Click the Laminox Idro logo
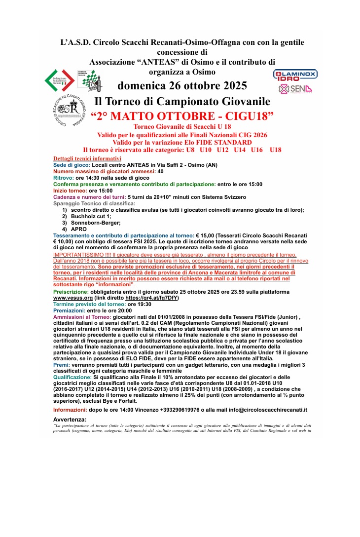(x=295, y=76)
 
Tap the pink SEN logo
(x=295, y=89)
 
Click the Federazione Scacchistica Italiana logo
(x=60, y=79)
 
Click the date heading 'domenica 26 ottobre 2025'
(x=182, y=86)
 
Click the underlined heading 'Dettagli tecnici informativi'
(x=87, y=158)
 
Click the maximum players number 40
(x=161, y=171)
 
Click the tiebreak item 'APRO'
(x=79, y=229)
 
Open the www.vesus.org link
(x=73, y=298)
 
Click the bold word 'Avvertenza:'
(x=70, y=419)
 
